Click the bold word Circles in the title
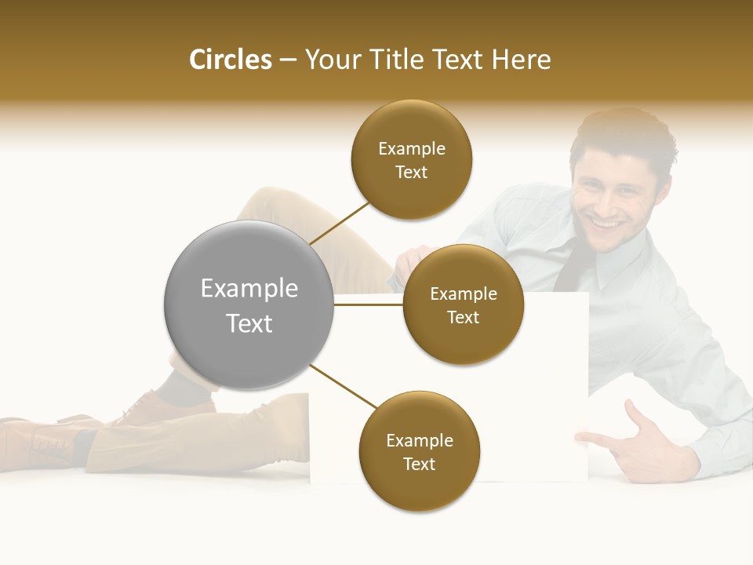[x=231, y=60]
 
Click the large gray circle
[x=249, y=304]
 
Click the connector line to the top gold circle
[x=339, y=223]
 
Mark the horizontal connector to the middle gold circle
[x=369, y=305]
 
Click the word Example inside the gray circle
[x=249, y=288]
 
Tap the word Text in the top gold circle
[x=411, y=173]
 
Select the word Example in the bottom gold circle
[x=419, y=440]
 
